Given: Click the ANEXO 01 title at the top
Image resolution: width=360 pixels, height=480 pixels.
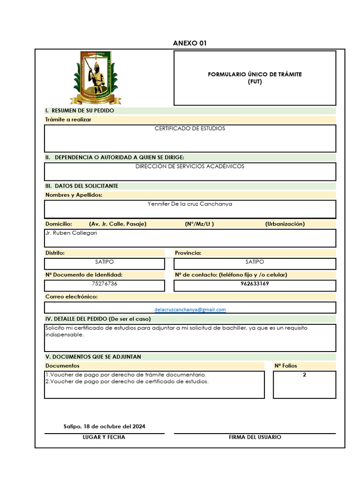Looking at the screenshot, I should pyautogui.click(x=189, y=44).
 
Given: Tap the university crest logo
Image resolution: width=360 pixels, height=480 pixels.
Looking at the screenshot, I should pyautogui.click(x=96, y=77).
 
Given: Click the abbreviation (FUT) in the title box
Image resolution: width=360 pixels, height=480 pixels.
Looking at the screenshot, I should pyautogui.click(x=255, y=82).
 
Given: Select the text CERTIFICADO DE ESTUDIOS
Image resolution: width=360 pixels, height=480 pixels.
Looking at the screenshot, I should pyautogui.click(x=190, y=128).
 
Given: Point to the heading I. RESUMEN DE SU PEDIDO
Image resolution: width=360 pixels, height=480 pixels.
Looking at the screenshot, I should pyautogui.click(x=80, y=111).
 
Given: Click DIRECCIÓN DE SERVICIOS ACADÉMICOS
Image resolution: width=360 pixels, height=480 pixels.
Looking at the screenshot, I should pyautogui.click(x=190, y=166).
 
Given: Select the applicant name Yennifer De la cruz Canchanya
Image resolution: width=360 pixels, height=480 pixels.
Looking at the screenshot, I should pyautogui.click(x=190, y=204).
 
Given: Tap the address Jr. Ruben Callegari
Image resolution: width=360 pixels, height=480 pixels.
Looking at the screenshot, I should pyautogui.click(x=71, y=233).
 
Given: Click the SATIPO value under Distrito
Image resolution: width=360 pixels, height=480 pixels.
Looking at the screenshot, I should pyautogui.click(x=104, y=262).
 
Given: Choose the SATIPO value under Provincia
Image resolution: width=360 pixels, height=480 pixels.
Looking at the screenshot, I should pyautogui.click(x=255, y=262).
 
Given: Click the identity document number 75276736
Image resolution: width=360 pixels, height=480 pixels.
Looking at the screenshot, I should pyautogui.click(x=105, y=284).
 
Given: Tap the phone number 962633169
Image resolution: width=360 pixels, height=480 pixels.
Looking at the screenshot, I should pyautogui.click(x=255, y=284).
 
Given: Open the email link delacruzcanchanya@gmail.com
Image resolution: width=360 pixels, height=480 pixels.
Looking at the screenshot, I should pyautogui.click(x=190, y=310).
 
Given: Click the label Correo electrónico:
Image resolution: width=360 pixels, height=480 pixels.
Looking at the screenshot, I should pyautogui.click(x=71, y=297).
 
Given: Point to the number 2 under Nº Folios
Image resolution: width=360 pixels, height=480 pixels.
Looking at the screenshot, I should pyautogui.click(x=304, y=375).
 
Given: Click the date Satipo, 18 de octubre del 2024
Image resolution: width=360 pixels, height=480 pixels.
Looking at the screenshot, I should pyautogui.click(x=104, y=427).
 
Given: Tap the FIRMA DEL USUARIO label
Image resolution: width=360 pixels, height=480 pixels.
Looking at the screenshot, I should pyautogui.click(x=255, y=437).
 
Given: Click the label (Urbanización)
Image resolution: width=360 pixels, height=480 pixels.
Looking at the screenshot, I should pyautogui.click(x=285, y=224).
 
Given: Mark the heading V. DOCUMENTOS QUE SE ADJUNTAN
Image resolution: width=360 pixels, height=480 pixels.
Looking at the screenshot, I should pyautogui.click(x=93, y=357).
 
